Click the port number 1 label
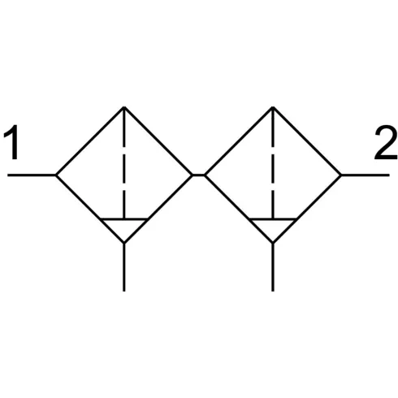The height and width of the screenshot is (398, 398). coord(11,142)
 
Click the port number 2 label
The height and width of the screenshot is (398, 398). coord(386,142)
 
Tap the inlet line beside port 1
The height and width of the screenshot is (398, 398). coord(32,175)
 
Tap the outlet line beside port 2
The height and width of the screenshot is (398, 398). coord(366,175)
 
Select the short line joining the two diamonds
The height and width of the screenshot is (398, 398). coord(198,175)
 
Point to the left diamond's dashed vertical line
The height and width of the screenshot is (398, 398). coord(124,162)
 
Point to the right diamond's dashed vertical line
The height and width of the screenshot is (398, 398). coord(273,162)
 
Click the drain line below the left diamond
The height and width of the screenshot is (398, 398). coord(124,267)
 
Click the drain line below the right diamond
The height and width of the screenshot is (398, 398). coord(273,267)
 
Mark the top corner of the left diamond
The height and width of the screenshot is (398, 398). coord(124,107)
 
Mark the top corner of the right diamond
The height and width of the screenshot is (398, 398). coord(273,107)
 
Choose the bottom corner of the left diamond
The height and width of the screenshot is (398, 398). coord(124,243)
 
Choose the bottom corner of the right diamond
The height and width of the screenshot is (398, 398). coord(273,243)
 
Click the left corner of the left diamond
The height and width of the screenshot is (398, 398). coord(56,175)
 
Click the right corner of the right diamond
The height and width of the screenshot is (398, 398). coord(341,175)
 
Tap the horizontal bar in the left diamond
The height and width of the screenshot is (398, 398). coord(124,218)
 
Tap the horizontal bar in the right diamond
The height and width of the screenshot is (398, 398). coord(273,218)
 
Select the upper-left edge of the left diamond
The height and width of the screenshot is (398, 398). coord(90,141)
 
